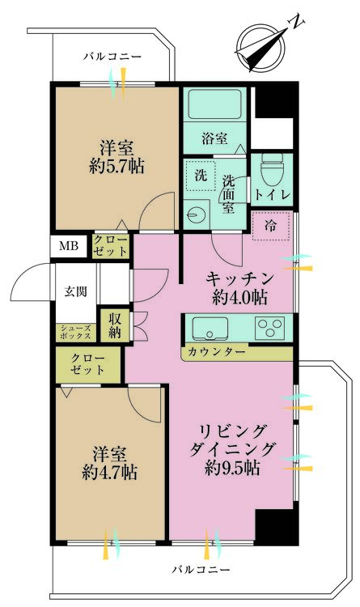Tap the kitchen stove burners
[x=269, y=328]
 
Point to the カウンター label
[x=216, y=352]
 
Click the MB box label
[x=67, y=246]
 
